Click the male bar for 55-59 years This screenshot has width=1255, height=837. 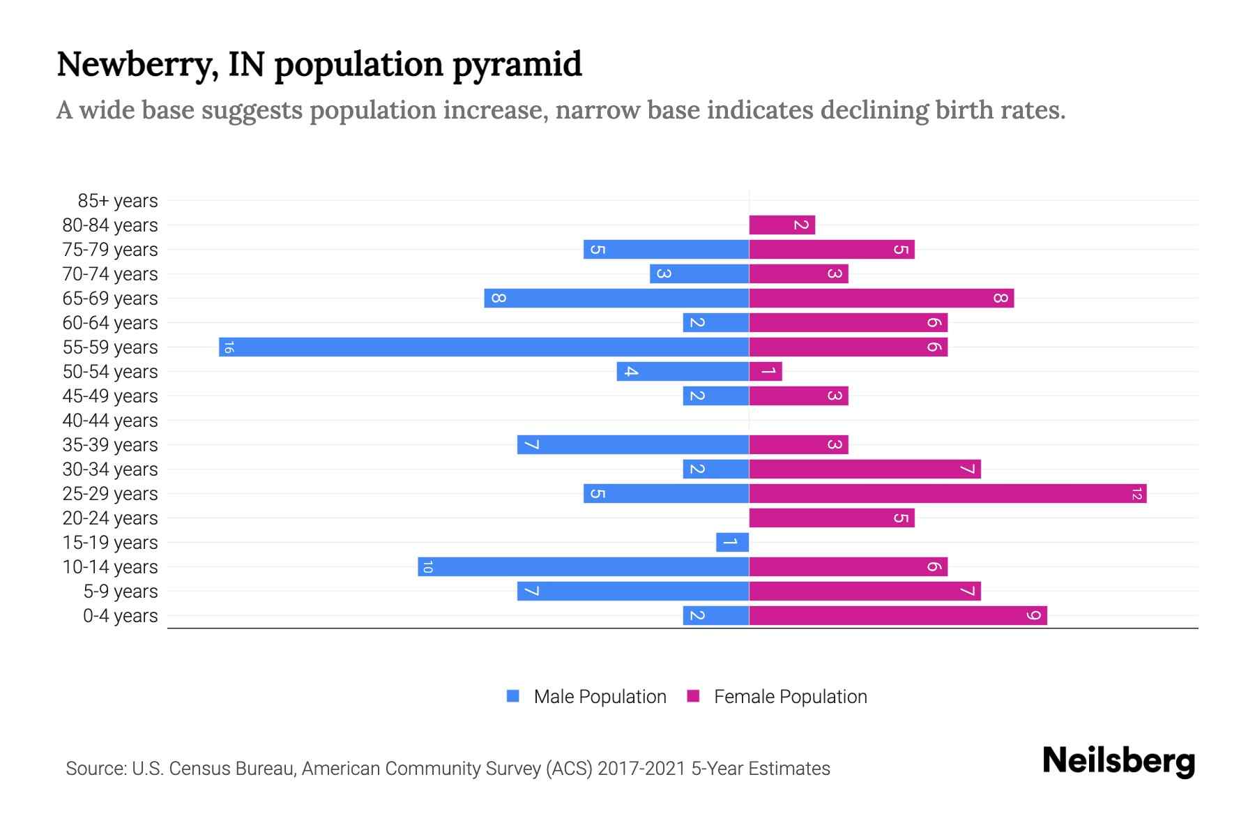coord(484,347)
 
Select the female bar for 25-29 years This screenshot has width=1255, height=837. coord(948,494)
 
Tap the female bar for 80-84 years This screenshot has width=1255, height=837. coord(782,225)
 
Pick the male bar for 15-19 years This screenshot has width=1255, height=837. coord(732,543)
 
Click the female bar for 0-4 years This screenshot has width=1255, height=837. coord(898,616)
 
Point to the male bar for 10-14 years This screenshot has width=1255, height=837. coord(584,567)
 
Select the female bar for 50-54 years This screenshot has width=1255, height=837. coord(766,372)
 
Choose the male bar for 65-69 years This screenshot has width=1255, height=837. coord(616,299)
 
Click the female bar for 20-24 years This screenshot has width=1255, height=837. coord(832,518)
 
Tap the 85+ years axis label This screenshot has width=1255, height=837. coord(118,201)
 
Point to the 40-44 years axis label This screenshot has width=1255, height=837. coord(110,421)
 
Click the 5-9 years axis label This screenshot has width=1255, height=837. coord(121,591)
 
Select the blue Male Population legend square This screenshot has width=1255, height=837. coord(513,696)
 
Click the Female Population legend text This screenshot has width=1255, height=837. coord(790,697)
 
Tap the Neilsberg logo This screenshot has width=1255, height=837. coord(1118,761)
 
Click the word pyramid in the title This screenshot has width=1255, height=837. coord(517,64)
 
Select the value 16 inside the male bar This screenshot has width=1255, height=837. coord(229,347)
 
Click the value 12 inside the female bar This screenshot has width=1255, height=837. coord(1136,494)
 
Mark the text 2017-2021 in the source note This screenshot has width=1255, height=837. coord(641,769)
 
